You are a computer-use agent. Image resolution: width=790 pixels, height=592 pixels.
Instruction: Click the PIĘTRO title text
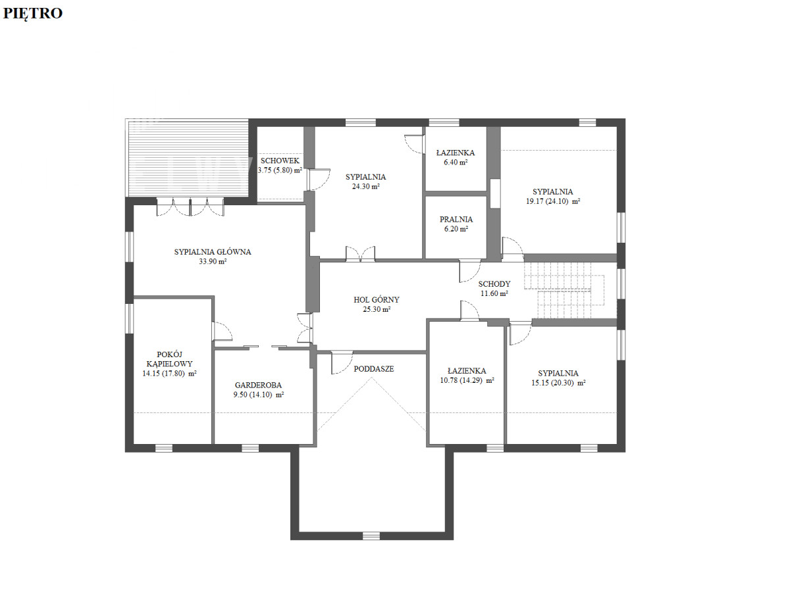tap(32, 14)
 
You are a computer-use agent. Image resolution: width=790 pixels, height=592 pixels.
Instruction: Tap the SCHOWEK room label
tap(280, 160)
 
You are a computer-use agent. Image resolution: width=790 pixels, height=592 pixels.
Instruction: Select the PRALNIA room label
tap(456, 219)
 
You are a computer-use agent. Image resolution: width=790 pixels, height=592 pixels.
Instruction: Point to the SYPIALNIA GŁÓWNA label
tap(213, 252)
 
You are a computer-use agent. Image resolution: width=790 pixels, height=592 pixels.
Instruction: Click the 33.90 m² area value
tap(213, 261)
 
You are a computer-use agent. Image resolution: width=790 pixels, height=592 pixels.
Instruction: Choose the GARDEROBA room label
tap(258, 385)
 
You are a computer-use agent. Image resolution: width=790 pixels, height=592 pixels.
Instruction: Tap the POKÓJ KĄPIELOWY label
tap(169, 359)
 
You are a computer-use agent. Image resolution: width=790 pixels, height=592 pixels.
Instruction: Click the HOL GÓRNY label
tap(377, 299)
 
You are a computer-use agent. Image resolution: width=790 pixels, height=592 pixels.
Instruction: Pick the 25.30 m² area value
tap(377, 309)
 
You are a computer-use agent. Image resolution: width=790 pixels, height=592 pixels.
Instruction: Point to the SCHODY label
tap(494, 284)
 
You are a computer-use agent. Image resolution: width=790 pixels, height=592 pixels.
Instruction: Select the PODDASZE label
tap(373, 369)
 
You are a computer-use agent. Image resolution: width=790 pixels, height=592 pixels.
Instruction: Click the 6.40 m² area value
tap(456, 162)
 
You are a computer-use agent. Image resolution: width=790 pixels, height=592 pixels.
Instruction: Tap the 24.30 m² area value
tap(365, 186)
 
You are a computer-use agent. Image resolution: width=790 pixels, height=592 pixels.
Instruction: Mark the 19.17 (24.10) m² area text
tap(553, 201)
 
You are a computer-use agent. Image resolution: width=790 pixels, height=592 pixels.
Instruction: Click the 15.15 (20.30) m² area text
tap(558, 383)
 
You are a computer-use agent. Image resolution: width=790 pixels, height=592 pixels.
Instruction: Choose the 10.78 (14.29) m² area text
tap(467, 380)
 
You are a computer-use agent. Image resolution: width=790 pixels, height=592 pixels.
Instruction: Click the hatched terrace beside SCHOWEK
tap(187, 158)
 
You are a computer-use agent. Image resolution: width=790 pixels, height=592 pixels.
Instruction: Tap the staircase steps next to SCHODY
tap(564, 291)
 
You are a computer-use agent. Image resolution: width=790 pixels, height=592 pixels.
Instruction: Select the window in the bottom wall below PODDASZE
tap(371, 536)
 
